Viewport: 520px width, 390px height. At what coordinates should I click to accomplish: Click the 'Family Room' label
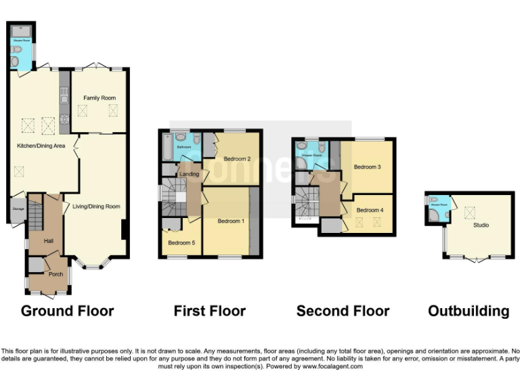(x=100, y=98)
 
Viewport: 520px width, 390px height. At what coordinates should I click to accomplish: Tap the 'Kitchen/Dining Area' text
(x=41, y=146)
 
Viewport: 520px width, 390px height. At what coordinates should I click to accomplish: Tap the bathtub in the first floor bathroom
(x=167, y=147)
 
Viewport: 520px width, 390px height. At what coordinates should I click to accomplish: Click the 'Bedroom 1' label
(x=231, y=221)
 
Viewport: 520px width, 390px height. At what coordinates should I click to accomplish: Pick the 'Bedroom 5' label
(x=181, y=242)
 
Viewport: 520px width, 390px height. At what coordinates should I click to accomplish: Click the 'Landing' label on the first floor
(x=189, y=174)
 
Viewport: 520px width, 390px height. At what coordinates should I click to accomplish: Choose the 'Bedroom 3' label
(x=367, y=167)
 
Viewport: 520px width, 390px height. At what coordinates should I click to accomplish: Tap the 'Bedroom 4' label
(x=370, y=210)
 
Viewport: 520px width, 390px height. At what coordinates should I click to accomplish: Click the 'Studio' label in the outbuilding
(x=481, y=225)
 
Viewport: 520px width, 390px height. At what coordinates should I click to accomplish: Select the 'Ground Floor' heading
(x=67, y=311)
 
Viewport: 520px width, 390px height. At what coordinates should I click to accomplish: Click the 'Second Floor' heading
(x=343, y=311)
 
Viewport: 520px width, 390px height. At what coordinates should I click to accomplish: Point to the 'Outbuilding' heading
(x=468, y=311)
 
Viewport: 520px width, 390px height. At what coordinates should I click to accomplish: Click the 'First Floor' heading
(x=209, y=311)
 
